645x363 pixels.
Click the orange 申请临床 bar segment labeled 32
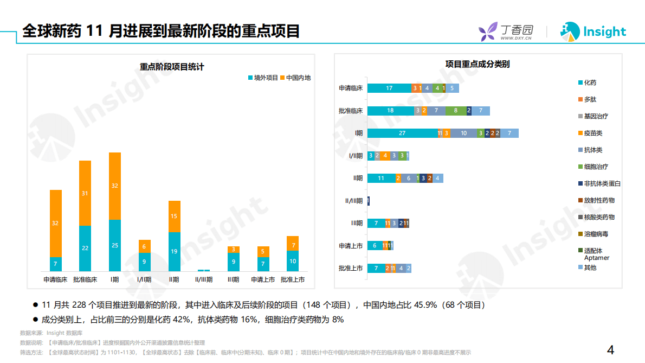[55, 223]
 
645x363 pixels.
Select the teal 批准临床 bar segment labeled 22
[85, 248]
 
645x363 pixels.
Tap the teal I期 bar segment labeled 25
[115, 245]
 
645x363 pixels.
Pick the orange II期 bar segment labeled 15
[174, 216]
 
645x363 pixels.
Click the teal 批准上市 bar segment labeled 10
[293, 261]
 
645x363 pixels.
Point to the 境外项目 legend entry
[263, 78]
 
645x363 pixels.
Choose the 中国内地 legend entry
[295, 78]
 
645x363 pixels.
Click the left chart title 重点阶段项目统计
[172, 67]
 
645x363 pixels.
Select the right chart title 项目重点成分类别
[478, 64]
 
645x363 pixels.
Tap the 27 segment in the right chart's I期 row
[402, 133]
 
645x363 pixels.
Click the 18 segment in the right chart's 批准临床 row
[390, 111]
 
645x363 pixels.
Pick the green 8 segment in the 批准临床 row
[455, 111]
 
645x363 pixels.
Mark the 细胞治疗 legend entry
[595, 167]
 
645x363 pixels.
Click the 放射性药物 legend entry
[598, 200]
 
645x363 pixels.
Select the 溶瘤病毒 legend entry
[595, 234]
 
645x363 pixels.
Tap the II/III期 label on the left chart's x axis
[203, 280]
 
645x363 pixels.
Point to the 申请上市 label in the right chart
[351, 246]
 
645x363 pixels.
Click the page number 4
[610, 350]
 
